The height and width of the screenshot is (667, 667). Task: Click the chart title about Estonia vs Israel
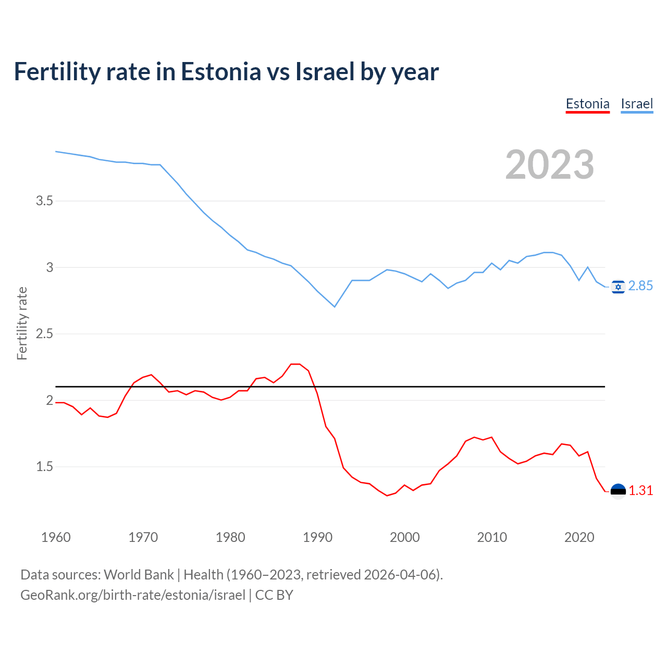(226, 71)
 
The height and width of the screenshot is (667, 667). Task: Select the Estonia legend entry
(587, 104)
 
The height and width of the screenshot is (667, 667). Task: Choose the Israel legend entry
(637, 104)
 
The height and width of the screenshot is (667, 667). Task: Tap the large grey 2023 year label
(549, 165)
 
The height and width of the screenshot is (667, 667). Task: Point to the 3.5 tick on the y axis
(44, 201)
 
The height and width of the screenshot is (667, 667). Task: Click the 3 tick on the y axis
(50, 267)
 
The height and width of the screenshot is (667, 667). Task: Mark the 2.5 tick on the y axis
(44, 333)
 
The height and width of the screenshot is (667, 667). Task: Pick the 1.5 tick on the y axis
(44, 467)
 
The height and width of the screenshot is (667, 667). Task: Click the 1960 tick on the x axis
(56, 537)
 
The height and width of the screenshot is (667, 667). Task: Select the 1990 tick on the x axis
(317, 537)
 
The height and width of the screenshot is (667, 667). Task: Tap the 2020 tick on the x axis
(579, 537)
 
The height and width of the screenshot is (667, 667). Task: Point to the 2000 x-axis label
(404, 537)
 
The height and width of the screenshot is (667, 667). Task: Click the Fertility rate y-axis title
(22, 323)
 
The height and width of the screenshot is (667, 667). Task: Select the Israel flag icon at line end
(618, 287)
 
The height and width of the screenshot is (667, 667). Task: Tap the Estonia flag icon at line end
(618, 491)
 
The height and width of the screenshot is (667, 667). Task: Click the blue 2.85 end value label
(640, 286)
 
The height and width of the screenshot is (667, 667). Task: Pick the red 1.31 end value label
(640, 491)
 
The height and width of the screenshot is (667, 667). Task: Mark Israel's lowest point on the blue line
(335, 306)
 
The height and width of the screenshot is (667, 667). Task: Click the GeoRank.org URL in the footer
(132, 595)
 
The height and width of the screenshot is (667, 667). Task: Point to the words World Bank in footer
(139, 575)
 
